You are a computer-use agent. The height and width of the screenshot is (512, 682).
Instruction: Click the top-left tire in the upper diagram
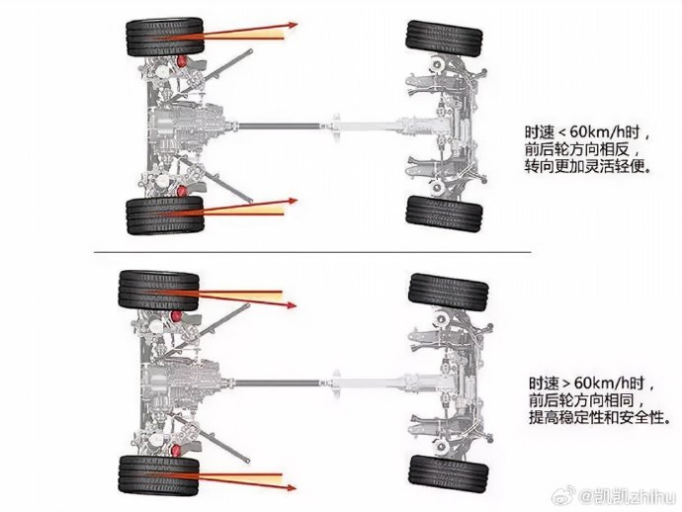click(x=165, y=37)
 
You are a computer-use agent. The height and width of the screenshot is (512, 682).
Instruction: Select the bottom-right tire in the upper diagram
click(x=444, y=213)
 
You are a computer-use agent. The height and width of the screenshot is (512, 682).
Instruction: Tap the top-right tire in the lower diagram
click(x=448, y=293)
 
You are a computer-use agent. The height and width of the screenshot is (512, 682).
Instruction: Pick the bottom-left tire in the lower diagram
click(x=159, y=474)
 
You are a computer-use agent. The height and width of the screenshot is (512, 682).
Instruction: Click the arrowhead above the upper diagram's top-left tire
click(x=294, y=25)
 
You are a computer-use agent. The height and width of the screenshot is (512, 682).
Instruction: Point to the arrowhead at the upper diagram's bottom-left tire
click(x=294, y=201)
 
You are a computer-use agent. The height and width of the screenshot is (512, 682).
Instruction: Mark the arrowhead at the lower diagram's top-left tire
click(x=292, y=305)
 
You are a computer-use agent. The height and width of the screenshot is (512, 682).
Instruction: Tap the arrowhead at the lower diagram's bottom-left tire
click(x=292, y=488)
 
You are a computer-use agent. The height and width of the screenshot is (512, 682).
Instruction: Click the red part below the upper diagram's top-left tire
click(x=182, y=61)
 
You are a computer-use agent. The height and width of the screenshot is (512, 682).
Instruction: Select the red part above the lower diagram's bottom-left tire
click(x=176, y=451)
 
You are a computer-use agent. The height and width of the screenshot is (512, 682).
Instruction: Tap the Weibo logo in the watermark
click(x=562, y=497)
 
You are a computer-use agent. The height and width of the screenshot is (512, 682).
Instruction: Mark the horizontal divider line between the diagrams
click(x=312, y=252)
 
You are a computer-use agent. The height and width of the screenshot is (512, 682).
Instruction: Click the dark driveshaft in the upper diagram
click(x=280, y=127)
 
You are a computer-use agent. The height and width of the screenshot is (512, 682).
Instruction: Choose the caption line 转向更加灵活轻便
click(x=588, y=166)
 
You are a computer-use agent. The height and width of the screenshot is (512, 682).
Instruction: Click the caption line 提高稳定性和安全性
click(x=599, y=417)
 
